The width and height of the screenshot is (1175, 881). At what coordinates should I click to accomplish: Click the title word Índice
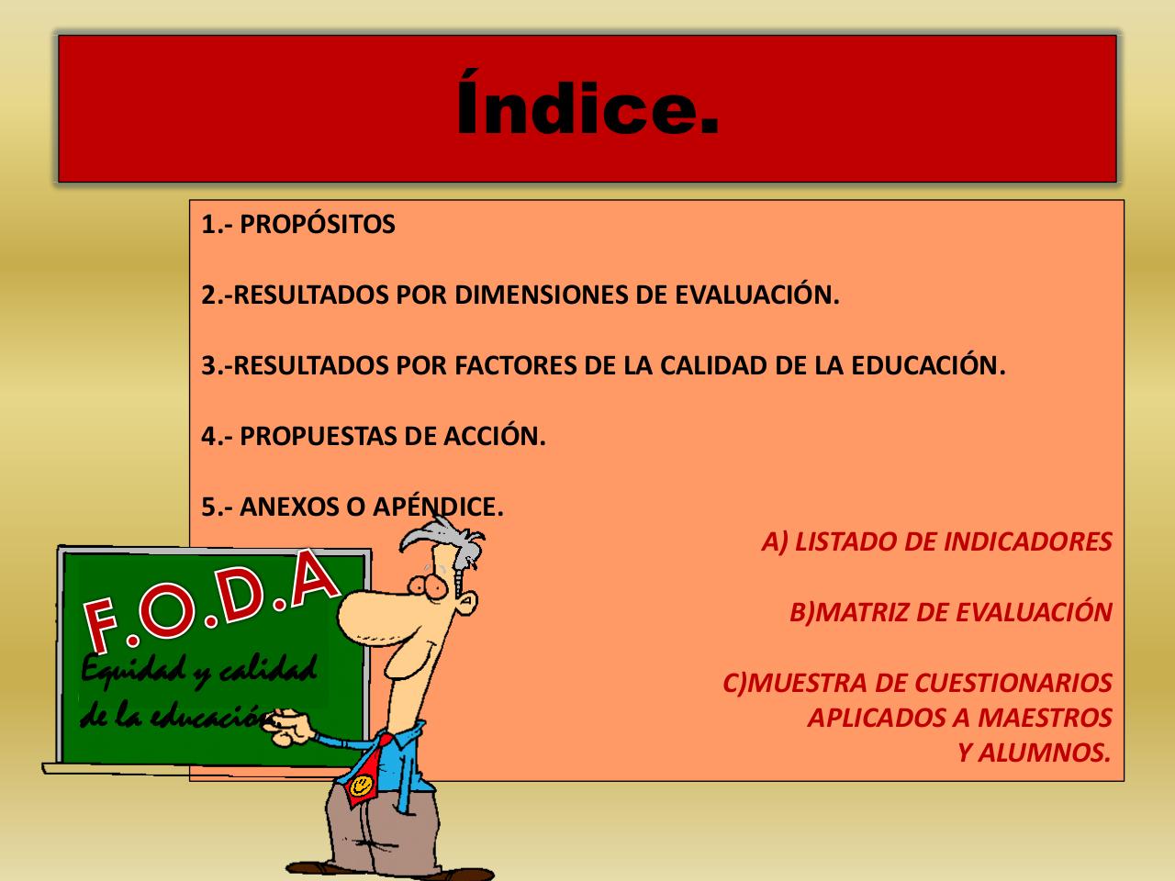(x=587, y=109)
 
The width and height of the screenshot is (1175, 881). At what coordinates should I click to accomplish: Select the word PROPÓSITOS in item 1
(x=317, y=225)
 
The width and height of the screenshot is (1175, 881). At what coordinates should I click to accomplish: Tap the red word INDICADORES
(x=1018, y=542)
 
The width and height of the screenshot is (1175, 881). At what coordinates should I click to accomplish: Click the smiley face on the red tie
(x=362, y=786)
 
